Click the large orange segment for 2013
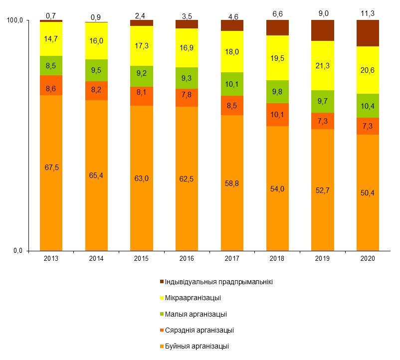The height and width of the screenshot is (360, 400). click(51, 172)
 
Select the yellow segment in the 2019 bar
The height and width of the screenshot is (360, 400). click(323, 65)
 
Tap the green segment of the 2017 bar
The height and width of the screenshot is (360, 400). click(232, 84)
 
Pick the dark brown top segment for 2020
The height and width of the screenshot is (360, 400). click(368, 33)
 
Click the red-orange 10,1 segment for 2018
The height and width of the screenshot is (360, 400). click(277, 115)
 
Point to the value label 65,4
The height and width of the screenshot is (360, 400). click(96, 175)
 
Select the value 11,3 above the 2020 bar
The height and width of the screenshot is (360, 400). click(368, 14)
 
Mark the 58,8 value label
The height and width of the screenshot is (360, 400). click(232, 183)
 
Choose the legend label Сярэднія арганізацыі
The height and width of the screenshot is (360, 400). click(199, 330)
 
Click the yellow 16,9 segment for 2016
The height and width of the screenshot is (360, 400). click(187, 48)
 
